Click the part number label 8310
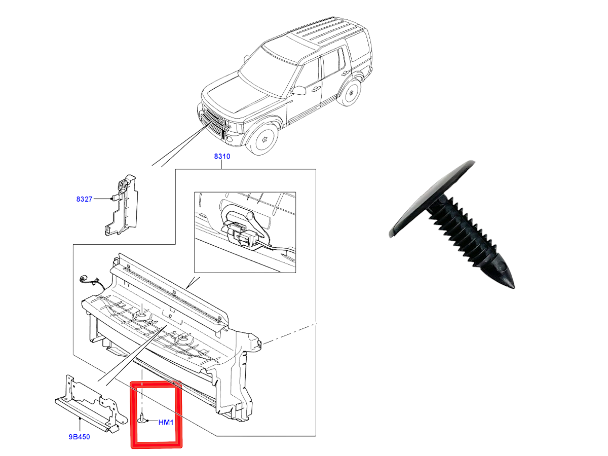tap(222, 157)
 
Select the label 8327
tap(84, 199)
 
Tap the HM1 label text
tap(166, 422)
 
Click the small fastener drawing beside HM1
tap(142, 419)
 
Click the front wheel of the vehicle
tap(262, 139)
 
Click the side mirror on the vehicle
tap(298, 90)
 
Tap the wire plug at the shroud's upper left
tap(83, 279)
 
